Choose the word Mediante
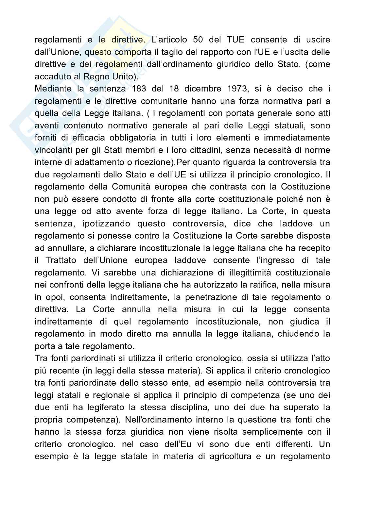pyautogui.click(x=52, y=89)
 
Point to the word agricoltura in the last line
pyautogui.click(x=227, y=457)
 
